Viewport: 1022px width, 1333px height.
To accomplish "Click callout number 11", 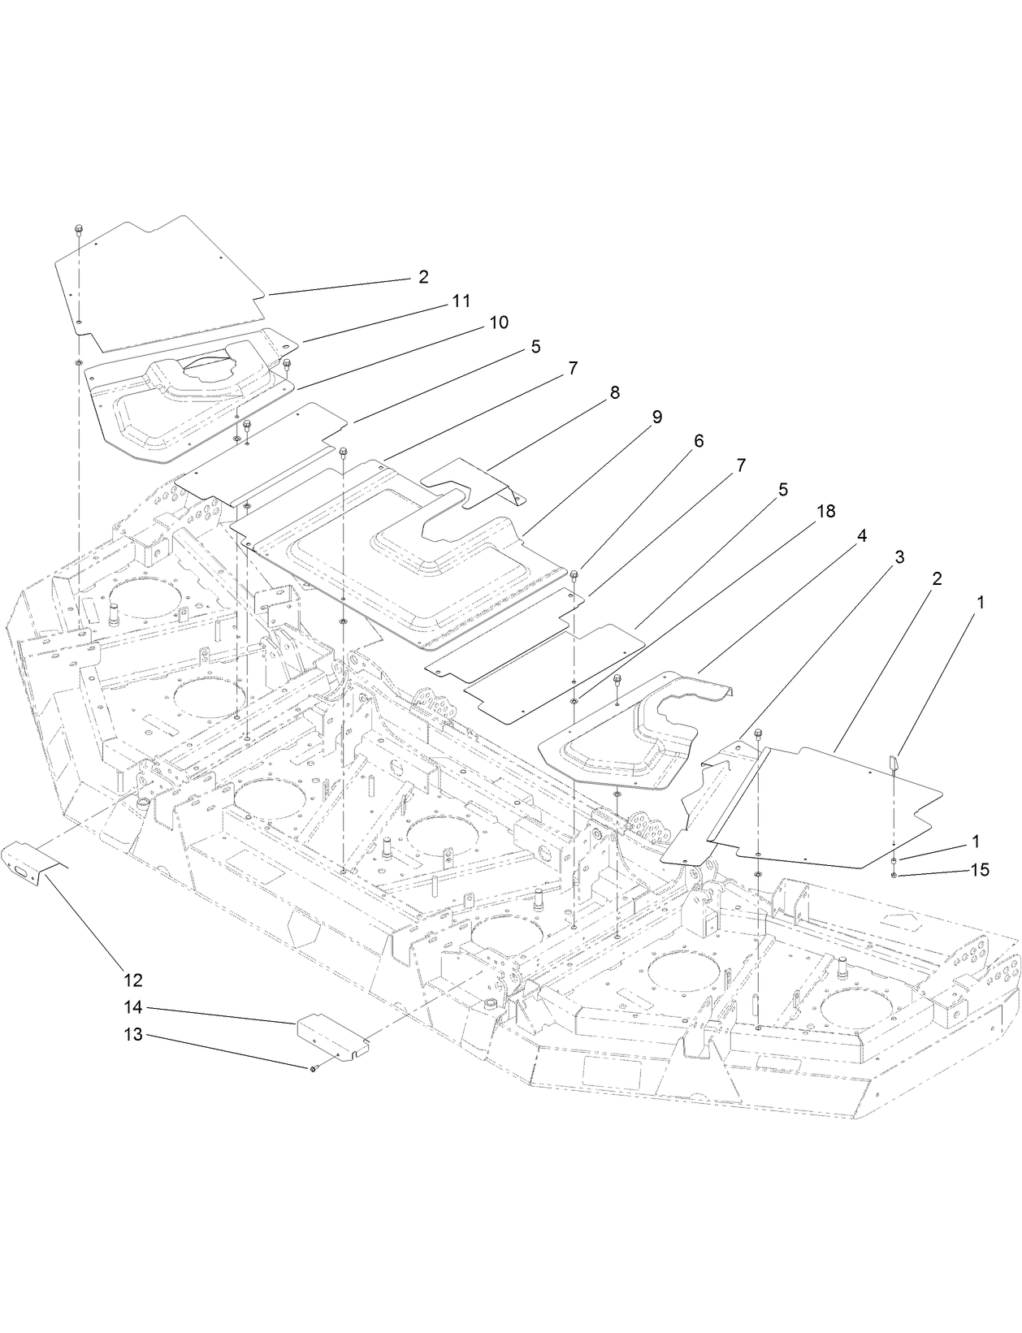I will point(461,301).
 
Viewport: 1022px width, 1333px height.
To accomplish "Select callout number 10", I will point(498,322).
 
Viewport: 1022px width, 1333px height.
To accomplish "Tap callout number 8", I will point(614,393).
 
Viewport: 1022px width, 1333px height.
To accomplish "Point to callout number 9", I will point(656,417).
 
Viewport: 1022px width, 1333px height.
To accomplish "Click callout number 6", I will point(698,441).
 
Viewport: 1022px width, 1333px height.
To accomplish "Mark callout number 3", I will point(899,557).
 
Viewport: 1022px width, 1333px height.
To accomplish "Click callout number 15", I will point(980,870).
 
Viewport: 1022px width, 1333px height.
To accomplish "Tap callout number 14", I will point(133,1007).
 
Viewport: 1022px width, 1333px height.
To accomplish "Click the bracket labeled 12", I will point(31,861).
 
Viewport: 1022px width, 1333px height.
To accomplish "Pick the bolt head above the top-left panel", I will point(77,228).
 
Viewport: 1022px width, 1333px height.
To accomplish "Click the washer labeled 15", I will point(894,875).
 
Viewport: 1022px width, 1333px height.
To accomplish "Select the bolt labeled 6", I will point(575,575).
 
